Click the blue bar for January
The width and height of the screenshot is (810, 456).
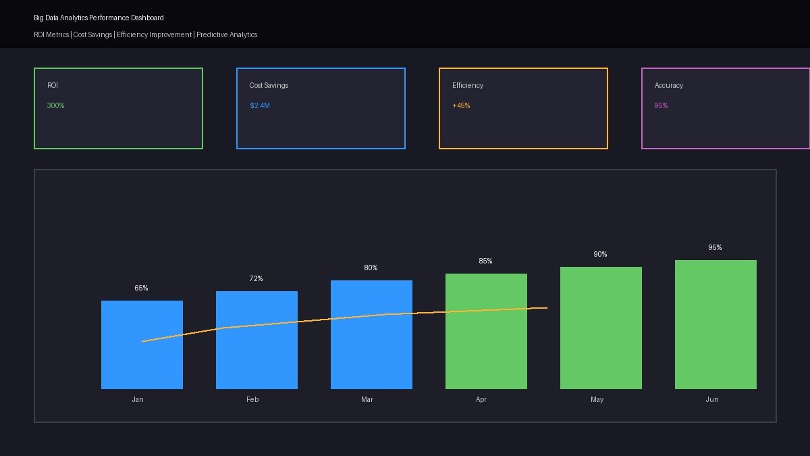142,345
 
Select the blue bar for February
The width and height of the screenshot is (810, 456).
256,340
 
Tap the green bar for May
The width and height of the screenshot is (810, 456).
601,328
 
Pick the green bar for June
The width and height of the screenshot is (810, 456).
715,324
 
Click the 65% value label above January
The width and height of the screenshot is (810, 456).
141,288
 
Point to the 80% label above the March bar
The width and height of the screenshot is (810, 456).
371,268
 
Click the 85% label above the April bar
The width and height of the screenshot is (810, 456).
485,261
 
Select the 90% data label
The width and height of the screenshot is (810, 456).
600,254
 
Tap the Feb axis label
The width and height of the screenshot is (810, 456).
252,399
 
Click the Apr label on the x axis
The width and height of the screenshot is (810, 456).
481,399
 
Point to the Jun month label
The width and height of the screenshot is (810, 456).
712,399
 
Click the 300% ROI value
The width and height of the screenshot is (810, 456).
56,105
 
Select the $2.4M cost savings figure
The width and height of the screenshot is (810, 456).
259,105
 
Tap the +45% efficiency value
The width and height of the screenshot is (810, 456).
461,105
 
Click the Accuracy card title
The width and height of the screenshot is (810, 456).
669,85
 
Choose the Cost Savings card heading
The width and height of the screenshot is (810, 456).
269,85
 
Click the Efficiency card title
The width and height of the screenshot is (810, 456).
468,85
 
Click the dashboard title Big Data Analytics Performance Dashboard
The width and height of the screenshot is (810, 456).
99,18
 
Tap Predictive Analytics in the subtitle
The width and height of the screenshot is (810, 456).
227,34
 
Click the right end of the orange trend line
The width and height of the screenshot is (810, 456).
546,307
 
